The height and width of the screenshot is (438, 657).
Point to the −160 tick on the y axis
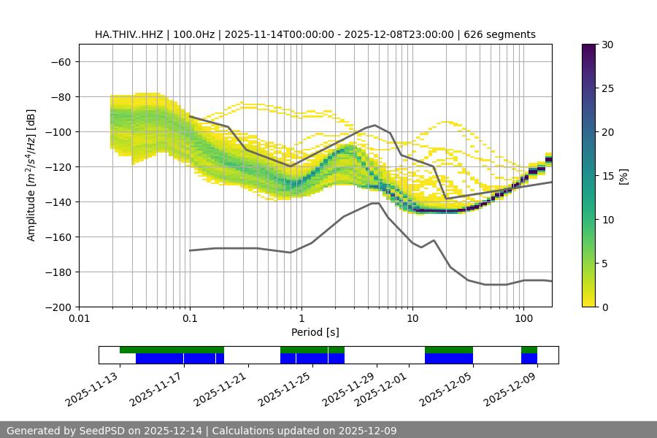pyautogui.click(x=57, y=237)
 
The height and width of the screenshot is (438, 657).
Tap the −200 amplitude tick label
pyautogui.click(x=57, y=307)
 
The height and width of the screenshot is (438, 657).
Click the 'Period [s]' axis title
pyautogui.click(x=315, y=332)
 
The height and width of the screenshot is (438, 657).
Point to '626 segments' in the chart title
pyautogui.click(x=503, y=34)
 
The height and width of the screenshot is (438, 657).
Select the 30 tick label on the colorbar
pyautogui.click(x=607, y=45)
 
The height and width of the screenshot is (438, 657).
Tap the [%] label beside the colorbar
pyautogui.click(x=623, y=176)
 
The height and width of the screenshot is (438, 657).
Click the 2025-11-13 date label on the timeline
pyautogui.click(x=92, y=388)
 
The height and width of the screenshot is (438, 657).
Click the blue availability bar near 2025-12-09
pyautogui.click(x=529, y=358)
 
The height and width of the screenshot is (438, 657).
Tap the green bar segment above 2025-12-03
pyautogui.click(x=449, y=350)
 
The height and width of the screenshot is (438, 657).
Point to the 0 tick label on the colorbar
pyautogui.click(x=604, y=307)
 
